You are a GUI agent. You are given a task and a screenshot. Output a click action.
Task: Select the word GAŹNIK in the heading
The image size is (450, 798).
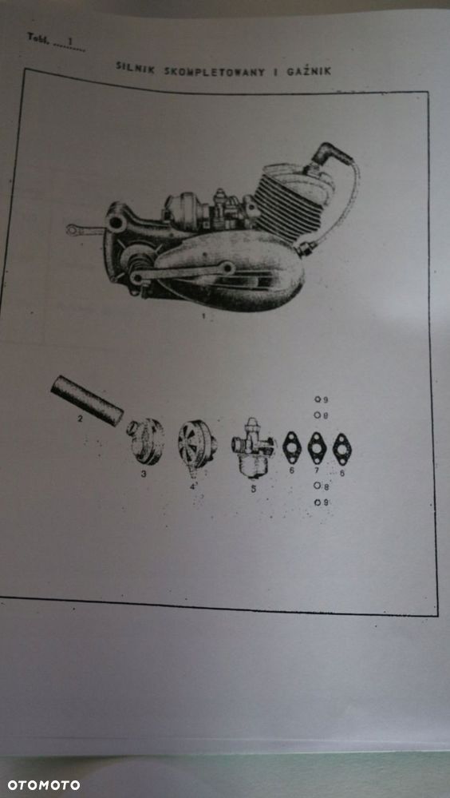tap(308, 71)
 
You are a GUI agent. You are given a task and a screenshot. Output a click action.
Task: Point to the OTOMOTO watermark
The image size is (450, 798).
tap(44, 784)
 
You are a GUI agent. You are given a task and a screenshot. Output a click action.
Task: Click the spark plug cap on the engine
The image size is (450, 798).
tap(325, 154)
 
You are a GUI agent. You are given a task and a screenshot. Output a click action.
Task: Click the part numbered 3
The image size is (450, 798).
tap(147, 441)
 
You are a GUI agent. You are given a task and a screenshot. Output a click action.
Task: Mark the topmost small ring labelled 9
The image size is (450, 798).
tap(318, 399)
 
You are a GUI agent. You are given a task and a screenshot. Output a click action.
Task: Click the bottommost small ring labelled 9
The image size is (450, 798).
tap(318, 502)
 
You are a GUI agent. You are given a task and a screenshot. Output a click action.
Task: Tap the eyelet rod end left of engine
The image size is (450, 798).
tap(77, 231)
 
